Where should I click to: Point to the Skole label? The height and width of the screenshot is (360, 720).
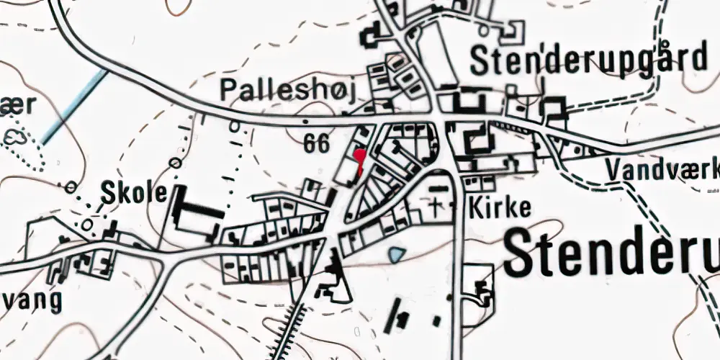point(134,193)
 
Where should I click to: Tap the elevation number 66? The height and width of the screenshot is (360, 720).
point(316,143)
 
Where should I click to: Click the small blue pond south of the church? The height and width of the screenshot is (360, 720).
point(395,254)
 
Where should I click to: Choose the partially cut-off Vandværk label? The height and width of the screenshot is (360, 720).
point(662,170)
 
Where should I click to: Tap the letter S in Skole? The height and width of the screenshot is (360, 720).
point(108,193)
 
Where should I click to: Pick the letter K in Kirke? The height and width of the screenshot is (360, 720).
point(475,208)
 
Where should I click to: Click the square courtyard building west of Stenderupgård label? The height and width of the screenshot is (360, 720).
point(373,34)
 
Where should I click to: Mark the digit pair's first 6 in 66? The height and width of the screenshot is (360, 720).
point(310,143)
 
